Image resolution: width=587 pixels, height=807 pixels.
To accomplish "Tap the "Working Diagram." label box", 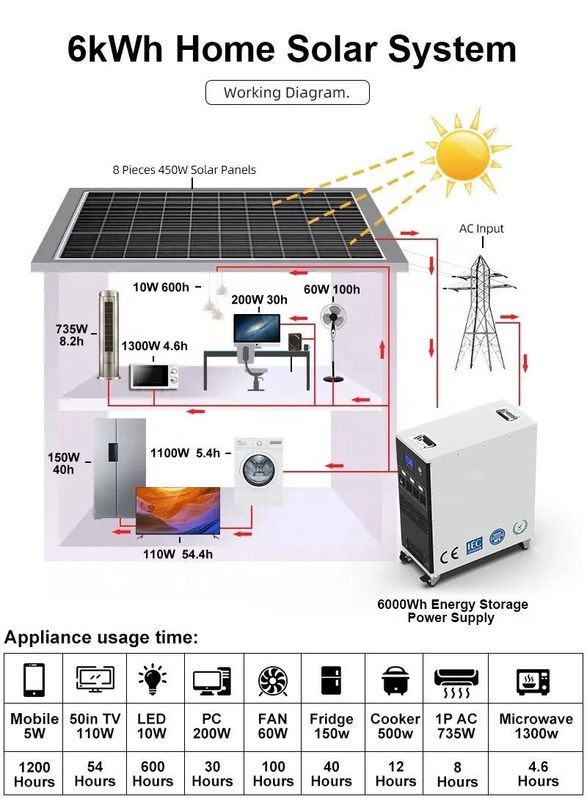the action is (288, 92).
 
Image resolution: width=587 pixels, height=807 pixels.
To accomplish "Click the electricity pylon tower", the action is (479, 311).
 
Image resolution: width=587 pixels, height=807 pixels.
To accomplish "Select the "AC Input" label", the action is (481, 228).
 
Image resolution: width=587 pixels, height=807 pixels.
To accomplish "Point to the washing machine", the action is (258, 470).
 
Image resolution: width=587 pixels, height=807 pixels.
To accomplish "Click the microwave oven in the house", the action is (153, 376).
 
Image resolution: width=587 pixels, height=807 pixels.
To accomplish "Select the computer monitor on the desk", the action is (257, 329).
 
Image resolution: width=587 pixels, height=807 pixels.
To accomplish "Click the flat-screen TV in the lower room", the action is (178, 511).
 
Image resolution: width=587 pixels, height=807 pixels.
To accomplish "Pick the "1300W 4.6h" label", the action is (155, 346).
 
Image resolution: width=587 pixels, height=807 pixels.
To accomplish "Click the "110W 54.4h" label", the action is (178, 555).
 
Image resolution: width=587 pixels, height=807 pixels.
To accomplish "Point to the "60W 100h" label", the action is (332, 289).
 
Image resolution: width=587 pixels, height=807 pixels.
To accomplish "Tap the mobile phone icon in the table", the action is (34, 680).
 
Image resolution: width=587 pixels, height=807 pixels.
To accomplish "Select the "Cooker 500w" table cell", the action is (395, 726).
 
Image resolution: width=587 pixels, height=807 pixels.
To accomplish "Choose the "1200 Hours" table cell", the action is (34, 775).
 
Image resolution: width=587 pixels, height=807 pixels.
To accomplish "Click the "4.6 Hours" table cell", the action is (538, 774).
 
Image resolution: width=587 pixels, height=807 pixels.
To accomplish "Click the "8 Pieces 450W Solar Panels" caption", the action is (184, 170).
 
